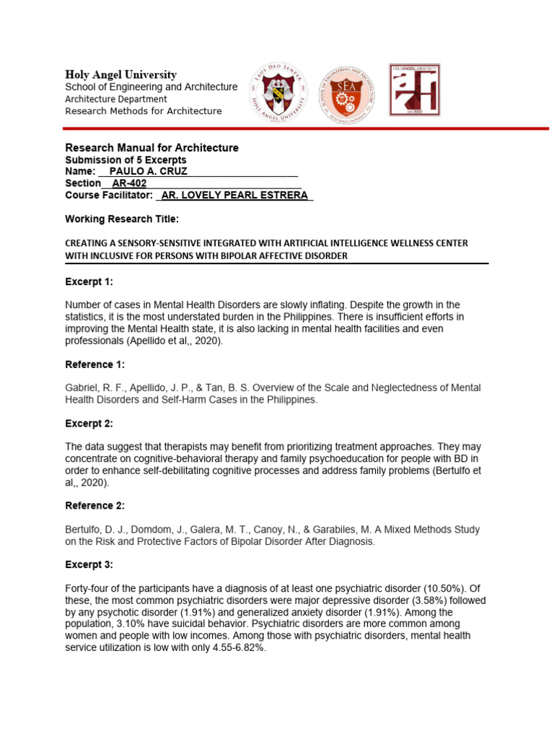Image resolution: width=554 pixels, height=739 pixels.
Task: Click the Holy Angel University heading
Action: (x=120, y=74)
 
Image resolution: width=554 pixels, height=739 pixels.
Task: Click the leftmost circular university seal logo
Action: (x=278, y=90)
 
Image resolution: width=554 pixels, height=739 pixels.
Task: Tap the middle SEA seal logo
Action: (x=348, y=90)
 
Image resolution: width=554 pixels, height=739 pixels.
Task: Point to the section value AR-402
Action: (x=129, y=183)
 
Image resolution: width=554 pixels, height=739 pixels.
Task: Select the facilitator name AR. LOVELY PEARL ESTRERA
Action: (x=234, y=195)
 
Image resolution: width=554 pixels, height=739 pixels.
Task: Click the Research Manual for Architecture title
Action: (x=151, y=148)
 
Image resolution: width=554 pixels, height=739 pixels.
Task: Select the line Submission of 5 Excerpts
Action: (x=126, y=159)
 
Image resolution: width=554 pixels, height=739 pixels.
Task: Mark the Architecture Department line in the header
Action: (x=115, y=99)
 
